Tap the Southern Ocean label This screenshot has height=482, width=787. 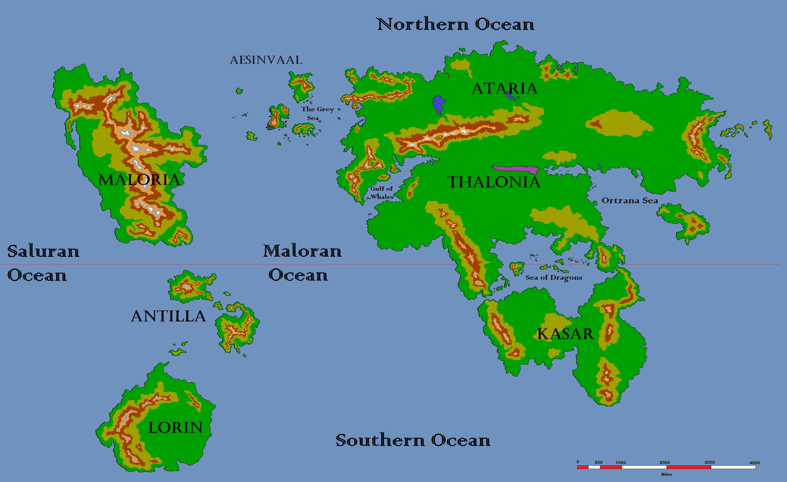pos(413,440)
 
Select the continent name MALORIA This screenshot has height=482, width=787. pos(139,180)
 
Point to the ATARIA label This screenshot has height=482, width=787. pos(505,88)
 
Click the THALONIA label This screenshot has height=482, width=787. pos(493,182)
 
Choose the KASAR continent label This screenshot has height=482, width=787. pos(565,334)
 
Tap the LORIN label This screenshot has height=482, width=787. pos(176,428)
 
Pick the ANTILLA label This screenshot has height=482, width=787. pos(168,316)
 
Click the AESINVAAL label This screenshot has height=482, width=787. pos(266,60)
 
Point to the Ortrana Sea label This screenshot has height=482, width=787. pos(630,201)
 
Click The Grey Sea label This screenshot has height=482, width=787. pos(317,113)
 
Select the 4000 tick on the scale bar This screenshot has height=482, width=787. pos(754,463)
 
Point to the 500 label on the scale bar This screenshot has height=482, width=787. pos(599,462)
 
